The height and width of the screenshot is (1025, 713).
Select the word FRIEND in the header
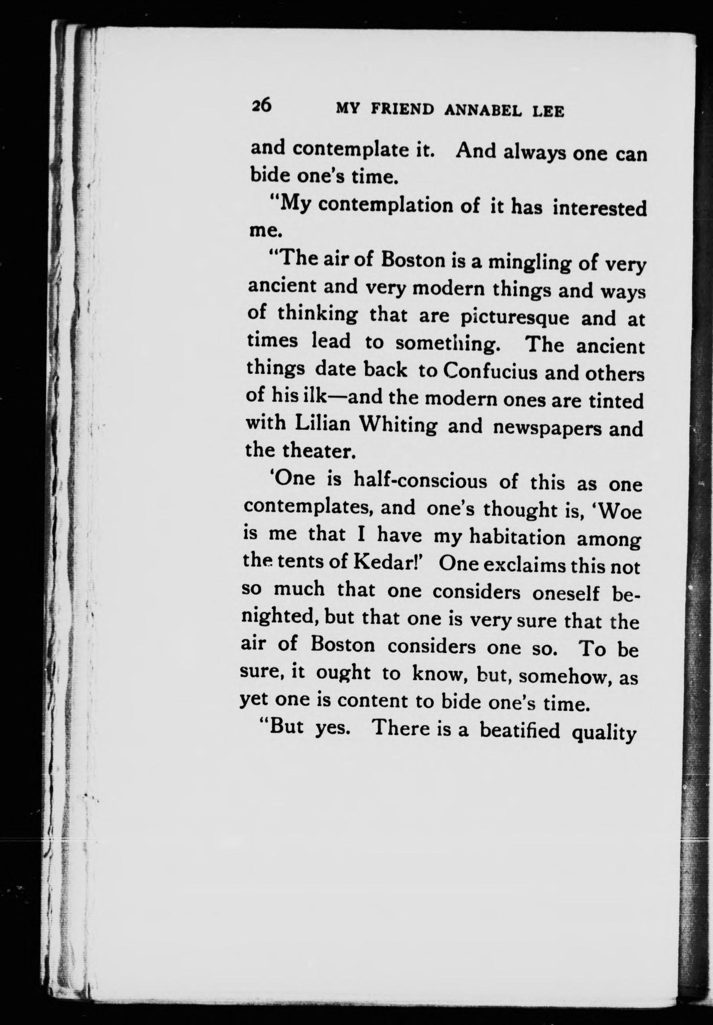tap(403, 110)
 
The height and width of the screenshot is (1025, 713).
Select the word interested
tap(599, 209)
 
